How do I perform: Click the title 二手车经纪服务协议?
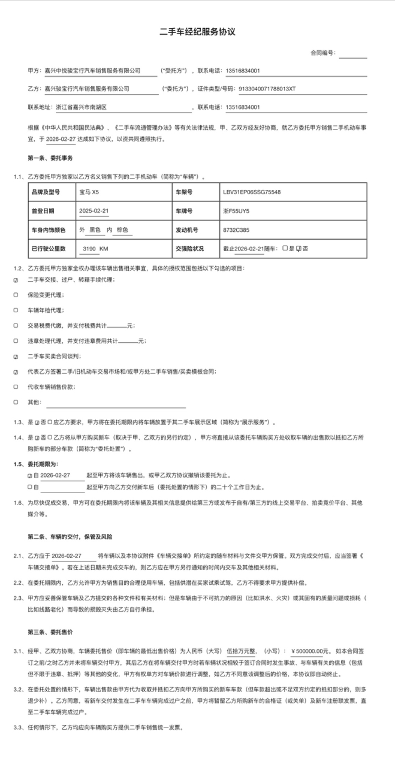point(197,32)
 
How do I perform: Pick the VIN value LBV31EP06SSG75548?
point(252,192)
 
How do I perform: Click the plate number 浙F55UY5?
point(236,211)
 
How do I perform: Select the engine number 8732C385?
point(236,230)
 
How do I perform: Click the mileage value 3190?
point(89,248)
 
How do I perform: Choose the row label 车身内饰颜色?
point(51,230)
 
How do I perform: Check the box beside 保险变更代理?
point(16,295)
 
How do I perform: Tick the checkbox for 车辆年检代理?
point(16,310)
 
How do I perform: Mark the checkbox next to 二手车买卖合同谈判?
point(16,356)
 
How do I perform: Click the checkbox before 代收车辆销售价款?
point(16,387)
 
